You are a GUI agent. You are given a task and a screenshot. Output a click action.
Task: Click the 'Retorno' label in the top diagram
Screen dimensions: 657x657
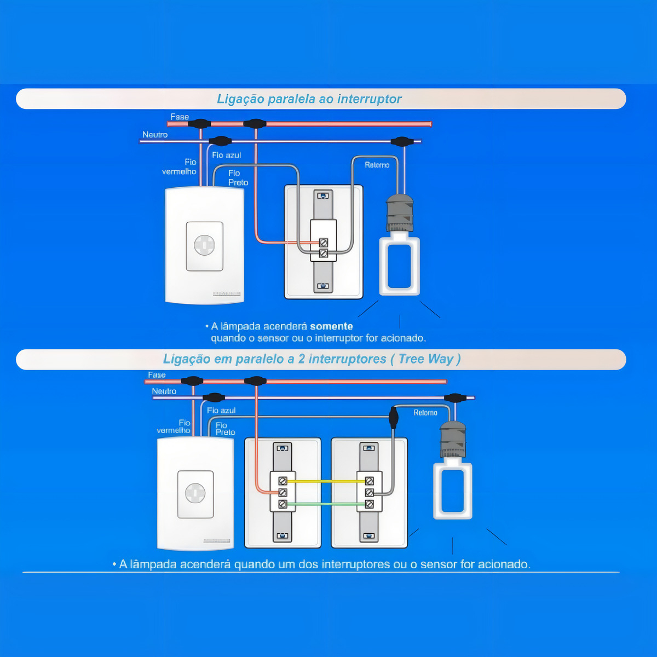pos(377,165)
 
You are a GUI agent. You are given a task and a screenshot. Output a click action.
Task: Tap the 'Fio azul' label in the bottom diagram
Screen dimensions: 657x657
pos(221,411)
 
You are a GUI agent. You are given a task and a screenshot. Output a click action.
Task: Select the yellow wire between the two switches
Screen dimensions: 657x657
pos(326,481)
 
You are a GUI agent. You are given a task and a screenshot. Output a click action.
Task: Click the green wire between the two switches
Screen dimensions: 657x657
pos(326,504)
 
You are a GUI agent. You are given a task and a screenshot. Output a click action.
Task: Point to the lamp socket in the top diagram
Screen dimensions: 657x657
pos(400,213)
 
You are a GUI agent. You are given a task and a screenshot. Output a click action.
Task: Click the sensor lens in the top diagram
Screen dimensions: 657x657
pos(204,245)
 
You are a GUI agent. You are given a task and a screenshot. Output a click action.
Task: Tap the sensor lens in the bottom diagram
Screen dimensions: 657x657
pos(195,493)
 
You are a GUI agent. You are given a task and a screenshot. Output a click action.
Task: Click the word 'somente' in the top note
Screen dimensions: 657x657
pos(331,326)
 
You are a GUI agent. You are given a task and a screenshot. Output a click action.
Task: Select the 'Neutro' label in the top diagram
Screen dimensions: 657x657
pos(155,135)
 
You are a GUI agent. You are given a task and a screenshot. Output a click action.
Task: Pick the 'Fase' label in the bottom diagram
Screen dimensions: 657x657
pos(157,374)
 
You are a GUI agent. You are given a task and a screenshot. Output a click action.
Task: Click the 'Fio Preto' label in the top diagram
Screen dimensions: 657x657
pos(238,177)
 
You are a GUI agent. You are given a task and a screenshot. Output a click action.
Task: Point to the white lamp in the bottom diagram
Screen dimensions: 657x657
pos(452,488)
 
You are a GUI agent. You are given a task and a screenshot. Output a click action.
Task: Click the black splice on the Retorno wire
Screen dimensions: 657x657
pos(393,417)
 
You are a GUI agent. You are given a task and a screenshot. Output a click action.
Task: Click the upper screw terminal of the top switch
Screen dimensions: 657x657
pos(324,243)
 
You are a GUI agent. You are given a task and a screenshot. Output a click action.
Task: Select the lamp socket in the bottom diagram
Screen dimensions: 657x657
pos(453,440)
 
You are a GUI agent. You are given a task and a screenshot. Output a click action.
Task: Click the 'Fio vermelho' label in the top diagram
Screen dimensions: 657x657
pos(179,167)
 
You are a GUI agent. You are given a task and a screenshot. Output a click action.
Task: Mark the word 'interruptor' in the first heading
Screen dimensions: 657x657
pos(370,99)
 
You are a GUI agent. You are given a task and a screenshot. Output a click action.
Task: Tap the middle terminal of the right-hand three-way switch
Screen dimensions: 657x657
pos(369,493)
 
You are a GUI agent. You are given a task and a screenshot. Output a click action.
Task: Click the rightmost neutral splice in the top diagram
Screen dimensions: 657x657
pos(402,141)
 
